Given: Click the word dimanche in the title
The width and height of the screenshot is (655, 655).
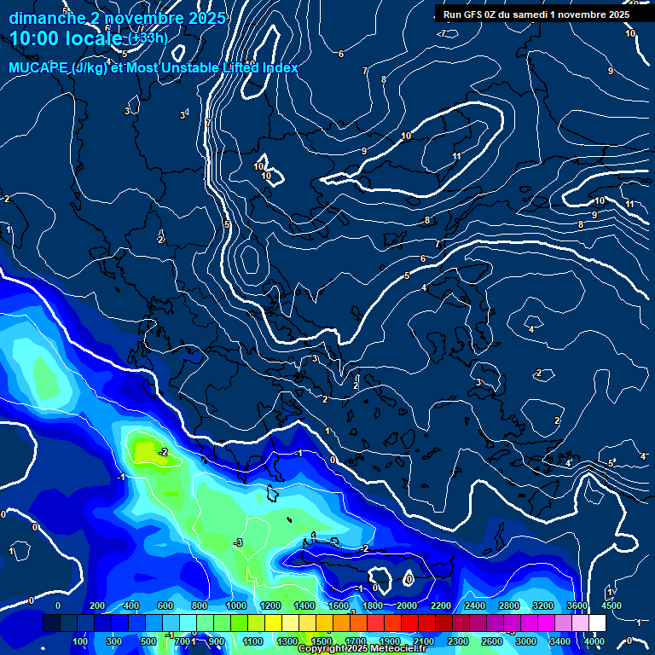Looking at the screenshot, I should pos(46,18).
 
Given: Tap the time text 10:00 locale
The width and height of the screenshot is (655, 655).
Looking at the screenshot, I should pos(66,38).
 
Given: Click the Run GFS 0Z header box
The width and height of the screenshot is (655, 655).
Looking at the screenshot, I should pos(536,14).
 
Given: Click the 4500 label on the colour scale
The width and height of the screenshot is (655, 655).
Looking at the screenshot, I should pos(611,605).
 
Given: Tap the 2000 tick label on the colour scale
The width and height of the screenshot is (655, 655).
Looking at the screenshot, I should pos(406,605).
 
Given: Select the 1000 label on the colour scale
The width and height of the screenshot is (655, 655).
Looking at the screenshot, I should pos(235,605).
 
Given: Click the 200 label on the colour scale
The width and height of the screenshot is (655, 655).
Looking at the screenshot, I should pos(97,605).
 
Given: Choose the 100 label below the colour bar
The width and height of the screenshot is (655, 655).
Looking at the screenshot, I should pos(80,641).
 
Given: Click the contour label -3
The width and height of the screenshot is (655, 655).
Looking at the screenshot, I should pos(238,542).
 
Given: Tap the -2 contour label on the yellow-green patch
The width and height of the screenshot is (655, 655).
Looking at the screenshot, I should pos(162,451).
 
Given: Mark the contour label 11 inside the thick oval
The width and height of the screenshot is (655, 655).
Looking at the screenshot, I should pos(457,156).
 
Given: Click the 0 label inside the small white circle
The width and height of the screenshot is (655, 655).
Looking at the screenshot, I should pos(409,579).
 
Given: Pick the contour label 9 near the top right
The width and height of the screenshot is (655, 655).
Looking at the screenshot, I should pos(610,71).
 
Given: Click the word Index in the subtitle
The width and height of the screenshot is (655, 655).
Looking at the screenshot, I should pos(277,67).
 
